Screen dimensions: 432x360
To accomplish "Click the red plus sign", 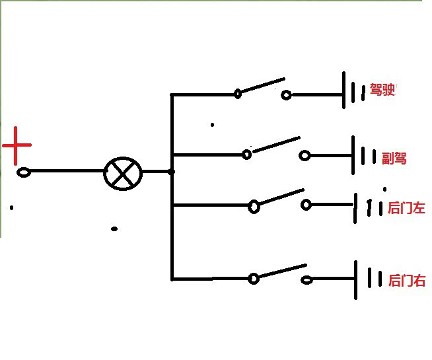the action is (16, 145).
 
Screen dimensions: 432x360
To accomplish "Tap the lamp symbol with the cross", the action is (123, 174).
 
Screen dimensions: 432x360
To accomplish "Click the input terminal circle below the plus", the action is (24, 172).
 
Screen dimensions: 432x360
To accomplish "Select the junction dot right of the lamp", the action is (172, 172).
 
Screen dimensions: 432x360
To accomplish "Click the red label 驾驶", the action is (382, 90).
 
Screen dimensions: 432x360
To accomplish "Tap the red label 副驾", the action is (394, 159).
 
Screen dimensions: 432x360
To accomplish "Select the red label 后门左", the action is (406, 208).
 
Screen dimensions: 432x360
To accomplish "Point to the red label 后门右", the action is (407, 280).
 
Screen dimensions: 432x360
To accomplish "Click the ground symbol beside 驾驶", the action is (354, 90).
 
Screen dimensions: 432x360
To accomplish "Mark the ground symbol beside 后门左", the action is (369, 208).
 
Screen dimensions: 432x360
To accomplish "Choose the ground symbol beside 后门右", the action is (368, 280).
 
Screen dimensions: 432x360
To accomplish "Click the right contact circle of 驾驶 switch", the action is (286, 95).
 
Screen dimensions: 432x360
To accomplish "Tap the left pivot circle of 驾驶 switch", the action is (238, 94).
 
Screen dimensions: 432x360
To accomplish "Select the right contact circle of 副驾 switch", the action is (305, 156).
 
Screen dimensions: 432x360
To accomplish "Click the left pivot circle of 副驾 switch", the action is (246, 155).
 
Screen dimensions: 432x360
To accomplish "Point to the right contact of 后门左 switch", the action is (306, 205).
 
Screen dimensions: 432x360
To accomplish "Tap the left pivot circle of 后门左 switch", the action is (254, 206).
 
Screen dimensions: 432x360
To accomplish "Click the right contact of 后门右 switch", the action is (306, 280).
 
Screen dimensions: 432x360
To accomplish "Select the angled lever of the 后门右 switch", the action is (283, 271).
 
